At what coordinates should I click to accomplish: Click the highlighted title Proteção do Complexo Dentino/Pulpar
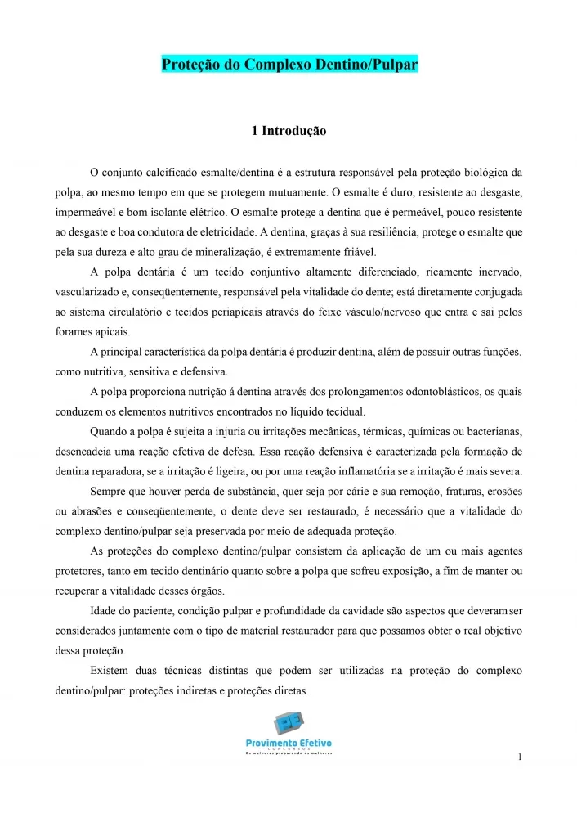point(289,65)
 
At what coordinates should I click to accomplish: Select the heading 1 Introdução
point(288,130)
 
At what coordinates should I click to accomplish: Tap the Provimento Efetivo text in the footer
point(288,743)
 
